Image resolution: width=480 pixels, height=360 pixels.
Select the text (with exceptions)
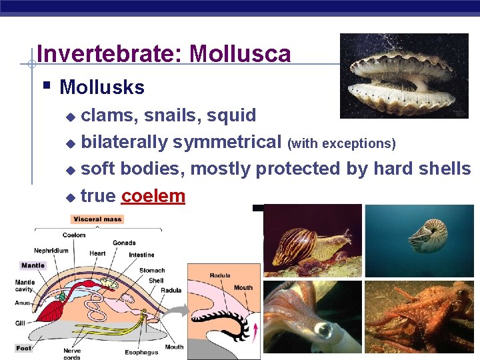(341, 143)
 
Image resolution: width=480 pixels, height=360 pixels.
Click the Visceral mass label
(97, 219)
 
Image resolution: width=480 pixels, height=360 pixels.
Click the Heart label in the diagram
(97, 253)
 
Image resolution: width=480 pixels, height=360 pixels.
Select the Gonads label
(124, 243)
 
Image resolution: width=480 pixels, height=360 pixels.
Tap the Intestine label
(141, 255)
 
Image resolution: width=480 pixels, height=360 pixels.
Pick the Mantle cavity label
(25, 286)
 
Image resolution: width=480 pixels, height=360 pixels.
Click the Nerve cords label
(72, 354)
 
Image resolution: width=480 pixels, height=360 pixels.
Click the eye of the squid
(323, 330)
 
